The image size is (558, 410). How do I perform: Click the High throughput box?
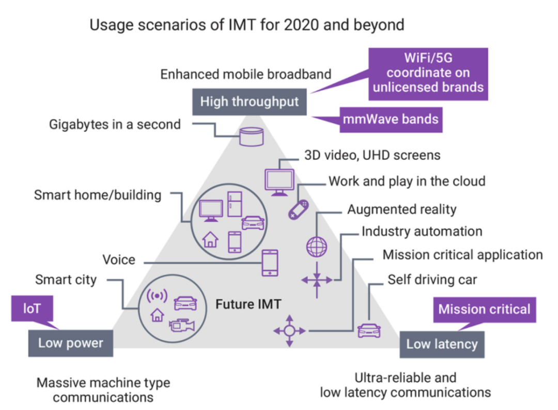pos(250,102)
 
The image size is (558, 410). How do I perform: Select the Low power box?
pos(71,343)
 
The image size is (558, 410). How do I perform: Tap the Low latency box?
pos(442,345)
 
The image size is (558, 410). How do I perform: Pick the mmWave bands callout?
pos(391,120)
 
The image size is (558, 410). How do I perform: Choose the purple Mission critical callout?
pos(484,309)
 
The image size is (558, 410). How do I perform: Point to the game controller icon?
pos(298,209)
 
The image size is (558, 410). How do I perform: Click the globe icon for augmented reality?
pos(316,246)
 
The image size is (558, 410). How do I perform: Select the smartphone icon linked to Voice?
pos(270,263)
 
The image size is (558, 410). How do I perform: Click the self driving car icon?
pos(369,331)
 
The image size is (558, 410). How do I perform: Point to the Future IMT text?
pos(249,304)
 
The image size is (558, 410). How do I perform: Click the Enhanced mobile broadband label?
pos(245,74)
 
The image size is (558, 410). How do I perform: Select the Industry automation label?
pos(422,232)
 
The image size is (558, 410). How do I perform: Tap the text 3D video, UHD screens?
pos(370,155)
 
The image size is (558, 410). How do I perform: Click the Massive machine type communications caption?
pos(103,390)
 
